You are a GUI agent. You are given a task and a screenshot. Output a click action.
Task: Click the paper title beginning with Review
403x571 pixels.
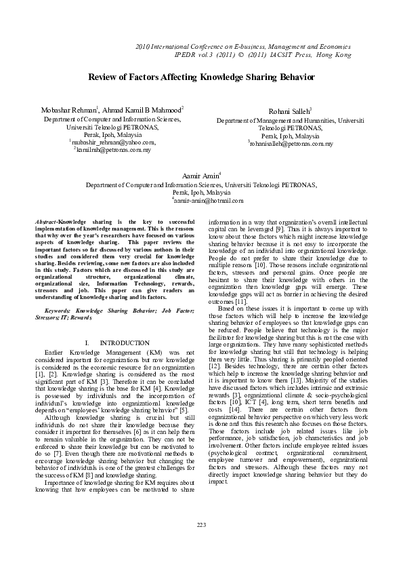point(201,78)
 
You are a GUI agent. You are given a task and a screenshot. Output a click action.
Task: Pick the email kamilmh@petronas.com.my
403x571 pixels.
point(112,150)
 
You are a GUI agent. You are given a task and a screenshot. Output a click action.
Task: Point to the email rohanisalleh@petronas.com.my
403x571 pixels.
point(291,144)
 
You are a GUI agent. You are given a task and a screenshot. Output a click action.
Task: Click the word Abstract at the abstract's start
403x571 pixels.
point(45,222)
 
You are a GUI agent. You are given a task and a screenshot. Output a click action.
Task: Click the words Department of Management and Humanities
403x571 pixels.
point(275,120)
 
